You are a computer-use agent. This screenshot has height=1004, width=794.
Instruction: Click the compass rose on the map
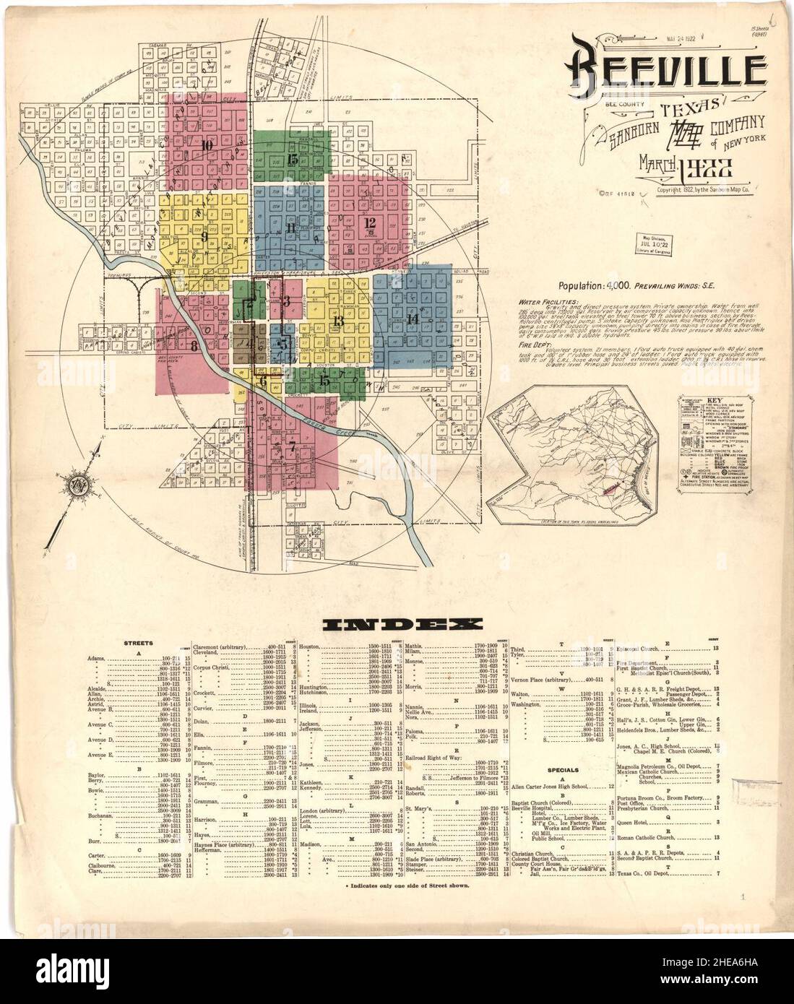(x=76, y=490)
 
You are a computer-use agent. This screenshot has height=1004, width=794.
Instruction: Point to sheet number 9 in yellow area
(x=204, y=235)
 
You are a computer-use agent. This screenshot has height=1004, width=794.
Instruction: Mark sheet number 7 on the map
(x=292, y=445)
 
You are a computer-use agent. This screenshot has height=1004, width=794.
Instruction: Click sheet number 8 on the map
(x=194, y=345)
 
